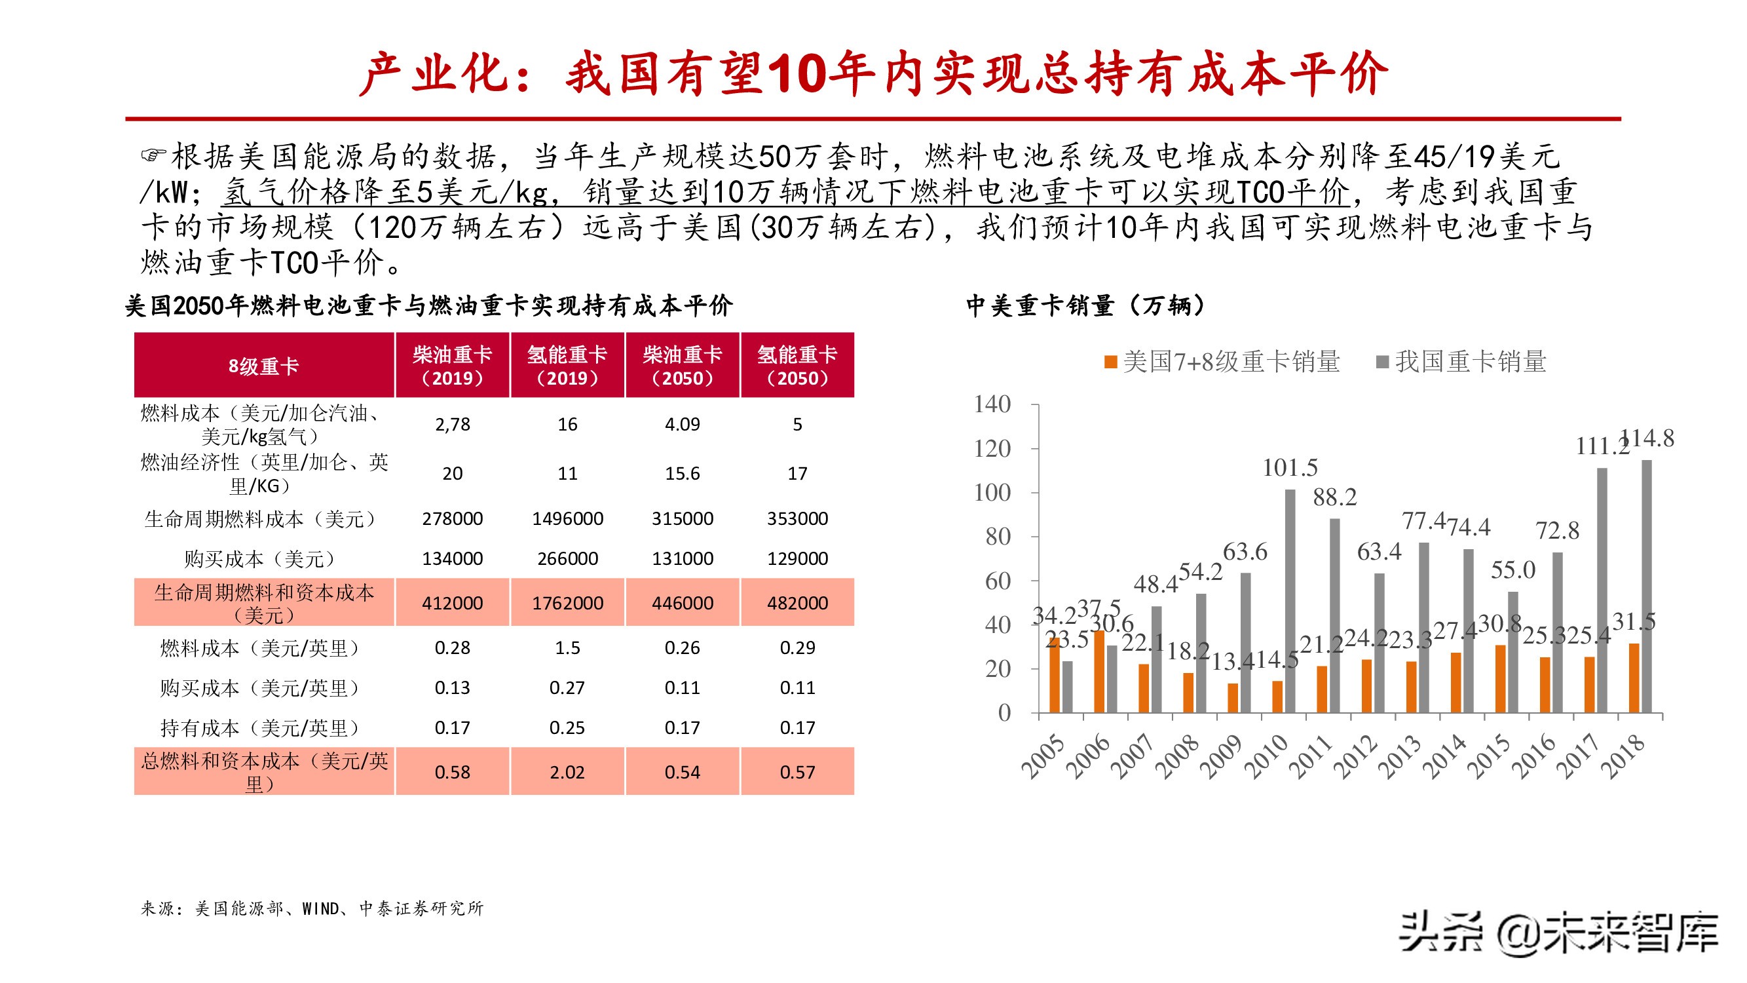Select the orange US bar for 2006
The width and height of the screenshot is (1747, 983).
click(1099, 671)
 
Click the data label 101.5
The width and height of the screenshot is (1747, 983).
click(1289, 468)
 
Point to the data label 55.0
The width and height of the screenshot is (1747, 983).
click(1512, 570)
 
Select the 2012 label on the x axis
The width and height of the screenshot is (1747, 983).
click(1355, 756)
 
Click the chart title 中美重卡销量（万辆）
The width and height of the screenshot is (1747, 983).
click(1086, 305)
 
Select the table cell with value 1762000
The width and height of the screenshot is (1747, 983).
click(567, 602)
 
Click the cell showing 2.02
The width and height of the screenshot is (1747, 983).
click(567, 771)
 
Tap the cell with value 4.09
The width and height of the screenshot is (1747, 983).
click(683, 424)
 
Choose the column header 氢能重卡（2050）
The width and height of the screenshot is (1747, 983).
click(797, 366)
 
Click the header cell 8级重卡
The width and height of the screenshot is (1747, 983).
click(264, 366)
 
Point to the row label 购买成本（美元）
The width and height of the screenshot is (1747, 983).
click(260, 559)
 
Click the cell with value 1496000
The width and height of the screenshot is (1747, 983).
click(567, 518)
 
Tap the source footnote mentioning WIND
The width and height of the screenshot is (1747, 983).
click(312, 908)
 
